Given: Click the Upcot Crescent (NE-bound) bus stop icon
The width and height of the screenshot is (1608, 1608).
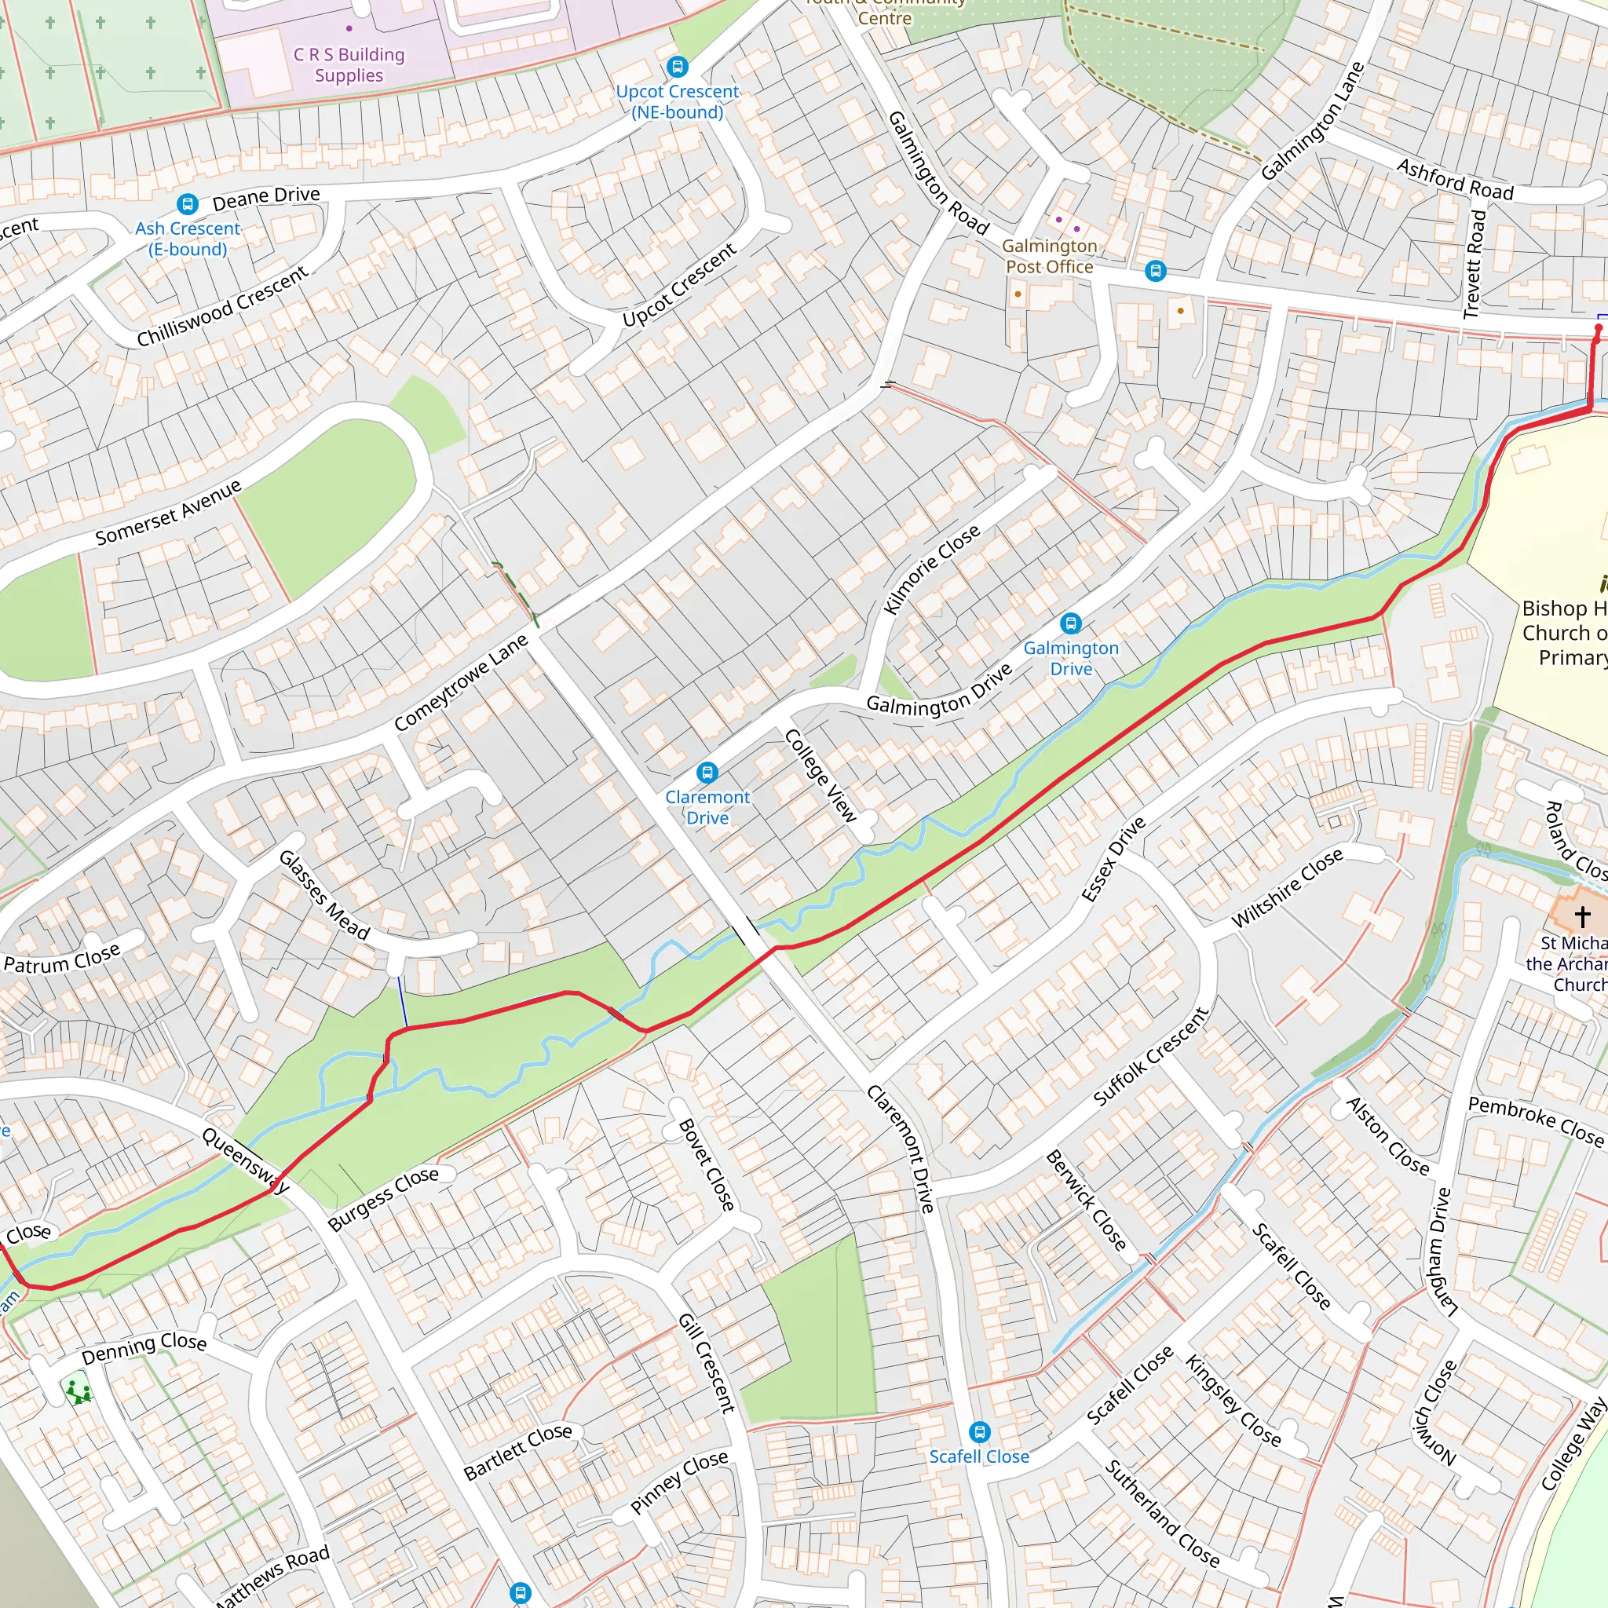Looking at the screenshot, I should [x=678, y=67].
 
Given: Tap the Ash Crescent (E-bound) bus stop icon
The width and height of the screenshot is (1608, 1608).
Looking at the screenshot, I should [x=188, y=204].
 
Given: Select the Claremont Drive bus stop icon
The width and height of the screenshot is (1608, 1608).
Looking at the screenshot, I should [x=707, y=773].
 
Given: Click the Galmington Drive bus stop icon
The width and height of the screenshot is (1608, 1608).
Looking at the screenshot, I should [x=1070, y=623].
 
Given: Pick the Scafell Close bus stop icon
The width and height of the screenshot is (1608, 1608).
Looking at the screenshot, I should [x=979, y=1431].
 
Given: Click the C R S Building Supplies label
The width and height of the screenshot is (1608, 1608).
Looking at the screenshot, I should [x=349, y=65].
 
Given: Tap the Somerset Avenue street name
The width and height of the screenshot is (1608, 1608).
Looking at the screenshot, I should [x=168, y=512].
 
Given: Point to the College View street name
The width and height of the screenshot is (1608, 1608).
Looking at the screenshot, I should [x=820, y=775].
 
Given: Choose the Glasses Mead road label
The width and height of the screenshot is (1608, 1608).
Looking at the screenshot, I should [x=323, y=895].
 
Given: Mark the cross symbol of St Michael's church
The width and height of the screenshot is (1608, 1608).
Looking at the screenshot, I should [x=1581, y=916].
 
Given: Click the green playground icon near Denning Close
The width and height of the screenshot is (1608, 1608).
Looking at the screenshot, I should [x=78, y=1391].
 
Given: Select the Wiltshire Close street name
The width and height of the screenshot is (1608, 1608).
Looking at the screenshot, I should [x=1287, y=887].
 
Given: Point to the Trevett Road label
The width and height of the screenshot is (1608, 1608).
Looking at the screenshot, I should [x=1475, y=264].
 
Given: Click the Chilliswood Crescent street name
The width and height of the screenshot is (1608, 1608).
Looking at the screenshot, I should [x=222, y=306].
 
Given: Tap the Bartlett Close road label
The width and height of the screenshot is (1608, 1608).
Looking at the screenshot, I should [x=517, y=1452].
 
